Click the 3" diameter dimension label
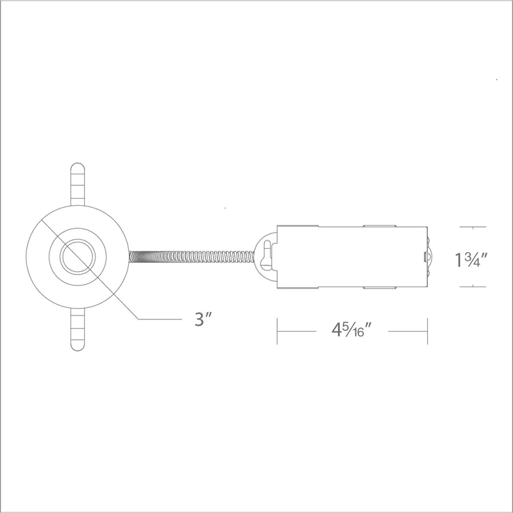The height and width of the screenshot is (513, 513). [x=203, y=319]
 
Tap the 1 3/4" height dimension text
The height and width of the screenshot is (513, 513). [x=471, y=260]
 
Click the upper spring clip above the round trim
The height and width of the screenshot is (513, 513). [x=78, y=184]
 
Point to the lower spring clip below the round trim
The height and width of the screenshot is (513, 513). [x=78, y=330]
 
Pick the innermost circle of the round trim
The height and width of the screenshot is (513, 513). [x=78, y=257]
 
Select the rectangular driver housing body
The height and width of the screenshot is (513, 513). [x=352, y=257]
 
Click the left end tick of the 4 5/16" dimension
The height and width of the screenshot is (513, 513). [x=277, y=331]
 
